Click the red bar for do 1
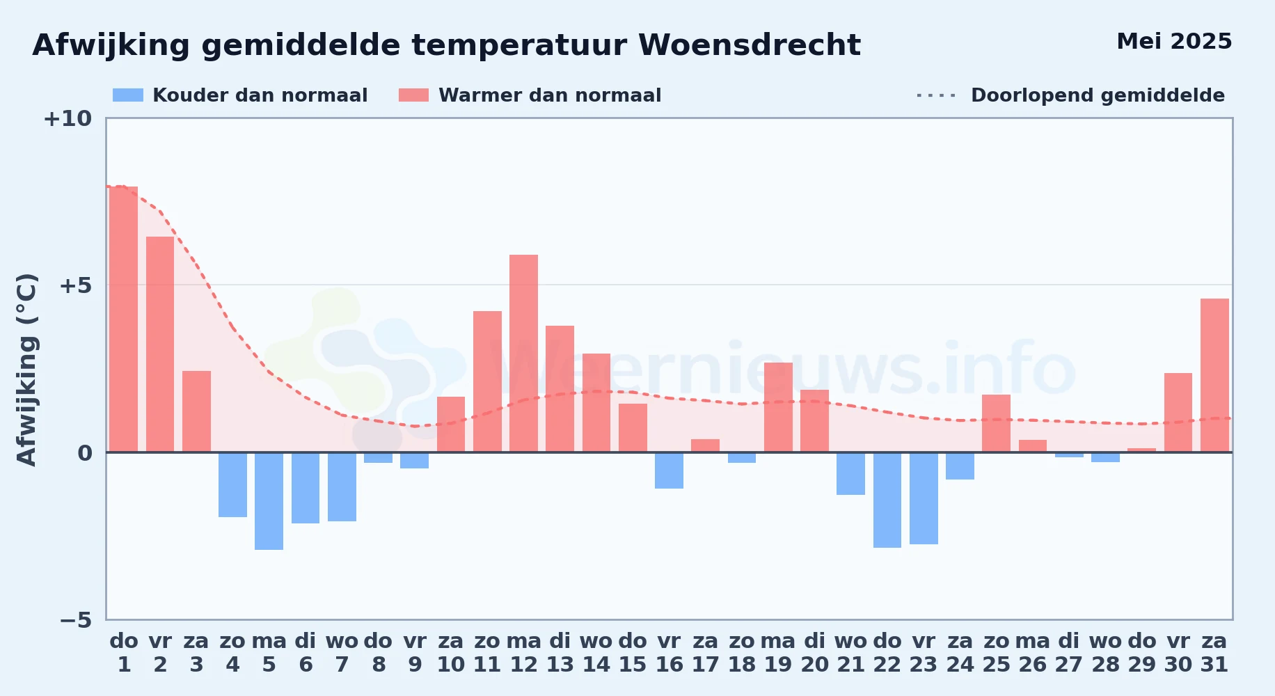pos(124,319)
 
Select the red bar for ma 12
pos(523,354)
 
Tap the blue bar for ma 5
pos(269,501)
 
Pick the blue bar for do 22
pos(887,500)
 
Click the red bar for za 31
pos(1214,375)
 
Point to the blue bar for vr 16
pos(669,470)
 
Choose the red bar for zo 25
pos(996,423)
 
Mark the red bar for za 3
pos(196,411)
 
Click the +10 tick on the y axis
pos(68,118)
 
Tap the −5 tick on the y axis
pos(75,620)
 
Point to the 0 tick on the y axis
pos(85,453)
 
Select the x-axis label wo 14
pos(596,653)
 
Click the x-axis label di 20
pos(814,653)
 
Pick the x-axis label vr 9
pos(415,653)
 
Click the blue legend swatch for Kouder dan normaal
pos(128,95)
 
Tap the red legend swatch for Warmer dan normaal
pos(413,95)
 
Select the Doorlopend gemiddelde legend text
pos(1098,95)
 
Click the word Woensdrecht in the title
pos(750,45)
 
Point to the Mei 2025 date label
pos(1174,41)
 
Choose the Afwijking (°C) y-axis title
pos(26,370)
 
